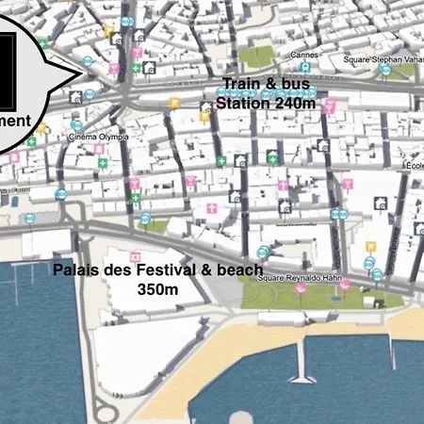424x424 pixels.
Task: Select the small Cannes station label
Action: click(304, 55)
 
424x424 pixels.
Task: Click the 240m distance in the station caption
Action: click(293, 103)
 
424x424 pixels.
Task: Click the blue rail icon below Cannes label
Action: click(305, 68)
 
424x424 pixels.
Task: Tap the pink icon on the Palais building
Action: click(135, 255)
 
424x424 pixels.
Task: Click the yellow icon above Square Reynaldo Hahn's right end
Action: click(370, 248)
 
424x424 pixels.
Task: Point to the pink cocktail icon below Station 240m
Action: click(329, 107)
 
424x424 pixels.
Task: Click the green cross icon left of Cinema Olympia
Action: click(31, 140)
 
